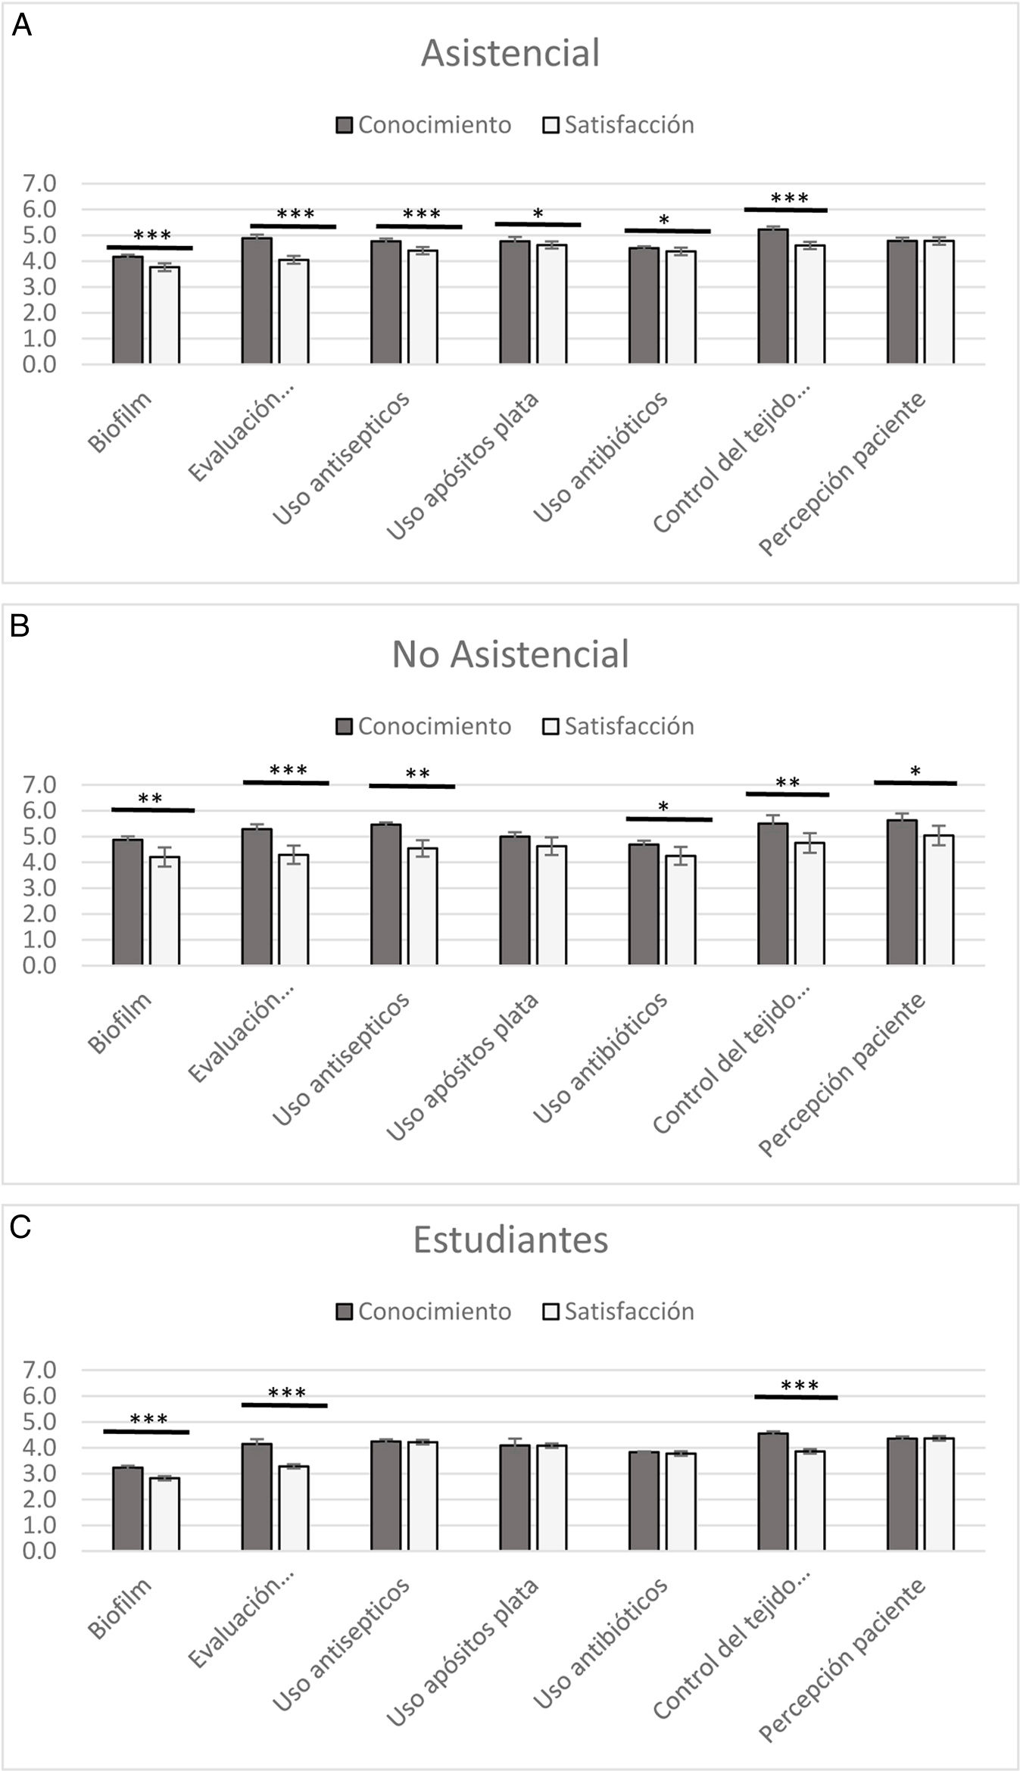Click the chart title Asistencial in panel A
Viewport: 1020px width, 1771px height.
[510, 53]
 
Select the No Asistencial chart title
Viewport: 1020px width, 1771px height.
[510, 654]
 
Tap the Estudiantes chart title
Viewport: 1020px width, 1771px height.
[510, 1240]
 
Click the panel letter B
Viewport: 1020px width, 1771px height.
[20, 625]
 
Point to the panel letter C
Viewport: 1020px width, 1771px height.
[20, 1227]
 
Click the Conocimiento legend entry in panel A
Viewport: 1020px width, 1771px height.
[424, 125]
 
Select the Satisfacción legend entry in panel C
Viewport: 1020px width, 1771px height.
[619, 1311]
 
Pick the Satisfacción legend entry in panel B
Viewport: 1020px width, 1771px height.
[619, 726]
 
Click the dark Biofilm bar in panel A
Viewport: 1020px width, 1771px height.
[128, 310]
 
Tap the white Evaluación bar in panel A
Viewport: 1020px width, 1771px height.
[294, 312]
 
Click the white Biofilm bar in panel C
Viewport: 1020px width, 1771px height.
[165, 1514]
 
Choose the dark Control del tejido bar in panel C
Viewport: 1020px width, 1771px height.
[772, 1492]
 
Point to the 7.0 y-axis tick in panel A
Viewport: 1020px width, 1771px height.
[39, 183]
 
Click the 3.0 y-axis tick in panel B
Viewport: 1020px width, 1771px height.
[39, 888]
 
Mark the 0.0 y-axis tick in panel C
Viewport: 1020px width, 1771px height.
[39, 1551]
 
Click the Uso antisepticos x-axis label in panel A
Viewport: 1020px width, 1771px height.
[342, 458]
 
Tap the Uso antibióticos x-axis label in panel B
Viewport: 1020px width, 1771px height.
[601, 1058]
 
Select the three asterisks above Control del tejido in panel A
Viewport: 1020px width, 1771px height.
[789, 198]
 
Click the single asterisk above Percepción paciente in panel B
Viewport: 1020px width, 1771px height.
[916, 772]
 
